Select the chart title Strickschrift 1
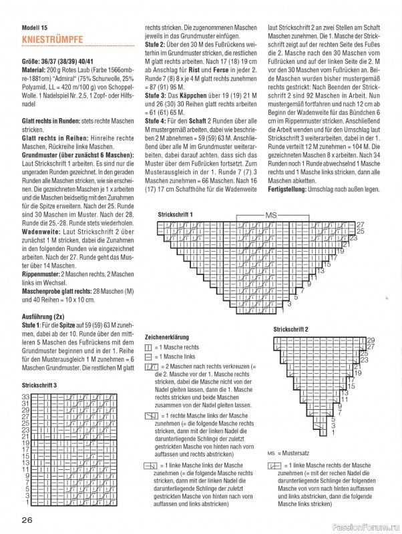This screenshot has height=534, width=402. point(175,214)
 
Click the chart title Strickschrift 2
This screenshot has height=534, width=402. point(291,330)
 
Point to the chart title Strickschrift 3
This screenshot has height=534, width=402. point(39,385)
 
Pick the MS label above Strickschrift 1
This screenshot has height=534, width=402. point(270,217)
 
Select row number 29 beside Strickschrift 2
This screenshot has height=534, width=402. point(371,340)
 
